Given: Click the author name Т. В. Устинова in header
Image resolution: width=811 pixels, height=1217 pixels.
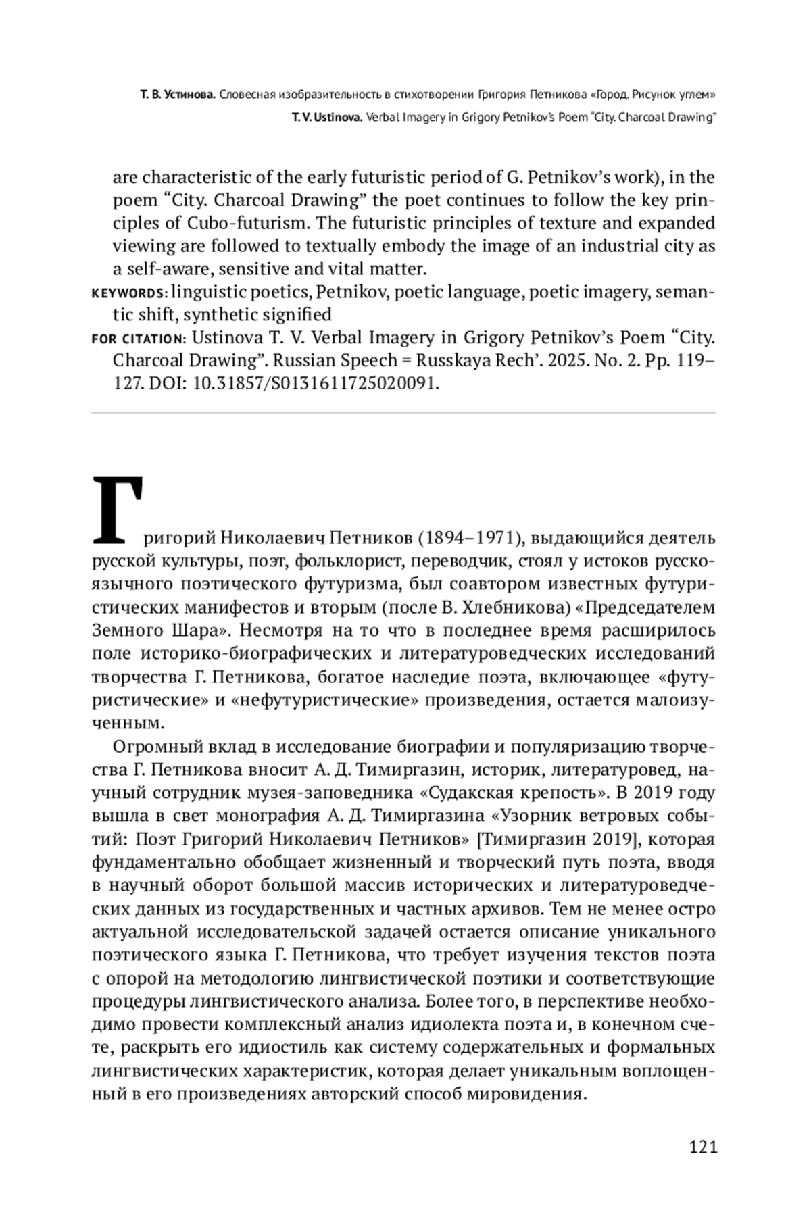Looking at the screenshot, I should coord(178,95).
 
